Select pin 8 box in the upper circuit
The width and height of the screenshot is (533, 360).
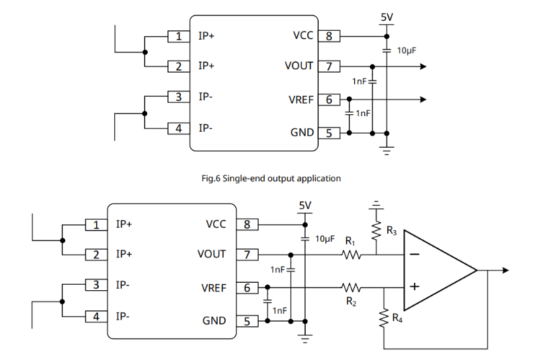(x=329, y=36)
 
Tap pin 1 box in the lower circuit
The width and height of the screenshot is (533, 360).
(x=96, y=224)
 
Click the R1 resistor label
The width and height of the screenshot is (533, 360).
(x=350, y=240)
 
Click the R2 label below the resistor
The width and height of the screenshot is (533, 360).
(x=350, y=302)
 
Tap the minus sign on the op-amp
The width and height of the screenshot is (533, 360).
(x=415, y=255)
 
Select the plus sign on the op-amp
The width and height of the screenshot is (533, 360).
(x=415, y=286)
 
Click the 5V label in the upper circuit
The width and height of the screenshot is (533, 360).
(x=386, y=16)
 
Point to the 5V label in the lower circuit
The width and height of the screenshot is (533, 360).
(x=305, y=205)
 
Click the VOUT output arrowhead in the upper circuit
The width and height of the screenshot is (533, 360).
(x=423, y=66)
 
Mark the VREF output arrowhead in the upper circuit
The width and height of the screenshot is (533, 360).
(x=423, y=99)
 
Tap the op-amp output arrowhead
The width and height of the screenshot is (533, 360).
(x=504, y=271)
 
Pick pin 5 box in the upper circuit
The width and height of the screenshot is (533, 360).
(x=329, y=133)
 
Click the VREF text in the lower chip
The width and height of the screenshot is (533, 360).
(x=214, y=288)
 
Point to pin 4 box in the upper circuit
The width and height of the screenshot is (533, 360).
(x=178, y=128)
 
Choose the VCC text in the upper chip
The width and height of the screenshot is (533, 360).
(x=303, y=36)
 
